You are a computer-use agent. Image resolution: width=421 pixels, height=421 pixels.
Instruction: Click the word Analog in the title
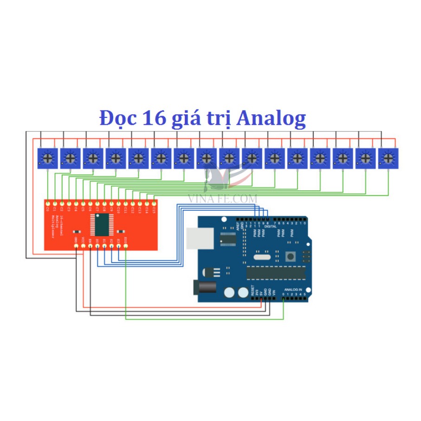[271, 118]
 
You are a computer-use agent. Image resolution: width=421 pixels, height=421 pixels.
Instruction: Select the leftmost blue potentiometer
[47, 159]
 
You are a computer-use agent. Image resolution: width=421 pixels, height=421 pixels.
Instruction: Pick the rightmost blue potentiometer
[389, 159]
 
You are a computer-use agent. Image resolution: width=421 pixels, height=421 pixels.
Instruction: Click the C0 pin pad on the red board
[48, 203]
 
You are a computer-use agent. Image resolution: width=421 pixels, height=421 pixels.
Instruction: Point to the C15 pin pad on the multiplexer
[154, 203]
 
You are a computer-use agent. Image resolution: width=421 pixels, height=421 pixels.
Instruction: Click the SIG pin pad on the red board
[126, 246]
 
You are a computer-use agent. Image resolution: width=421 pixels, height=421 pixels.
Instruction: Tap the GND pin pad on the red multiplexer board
[76, 246]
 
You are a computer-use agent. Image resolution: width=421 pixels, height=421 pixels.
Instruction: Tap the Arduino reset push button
[291, 256]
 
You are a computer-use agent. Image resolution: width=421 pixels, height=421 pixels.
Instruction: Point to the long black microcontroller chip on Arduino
[276, 273]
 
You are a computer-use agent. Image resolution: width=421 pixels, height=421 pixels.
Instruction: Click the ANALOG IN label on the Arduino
[293, 289]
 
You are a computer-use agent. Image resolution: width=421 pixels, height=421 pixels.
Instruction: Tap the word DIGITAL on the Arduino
[271, 226]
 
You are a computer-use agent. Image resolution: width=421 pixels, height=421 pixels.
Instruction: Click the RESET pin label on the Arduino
[253, 291]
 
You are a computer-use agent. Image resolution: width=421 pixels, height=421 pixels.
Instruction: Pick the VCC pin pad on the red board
[83, 246]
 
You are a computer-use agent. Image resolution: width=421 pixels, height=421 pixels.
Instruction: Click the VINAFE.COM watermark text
[223, 198]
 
